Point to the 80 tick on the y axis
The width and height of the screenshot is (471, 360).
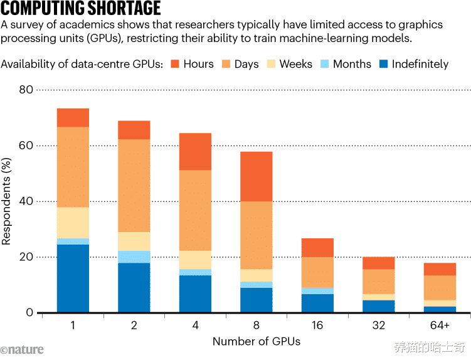click(26, 90)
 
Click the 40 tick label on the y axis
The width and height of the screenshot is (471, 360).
click(26, 201)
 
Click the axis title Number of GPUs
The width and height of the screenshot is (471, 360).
click(256, 342)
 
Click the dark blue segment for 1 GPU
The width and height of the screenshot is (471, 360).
click(73, 278)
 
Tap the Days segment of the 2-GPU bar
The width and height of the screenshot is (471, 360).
click(134, 186)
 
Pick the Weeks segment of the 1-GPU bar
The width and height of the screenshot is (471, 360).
click(73, 223)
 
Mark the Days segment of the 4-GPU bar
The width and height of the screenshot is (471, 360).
click(195, 210)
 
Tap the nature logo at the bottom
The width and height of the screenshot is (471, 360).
click(23, 349)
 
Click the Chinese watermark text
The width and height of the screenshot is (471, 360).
click(430, 347)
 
